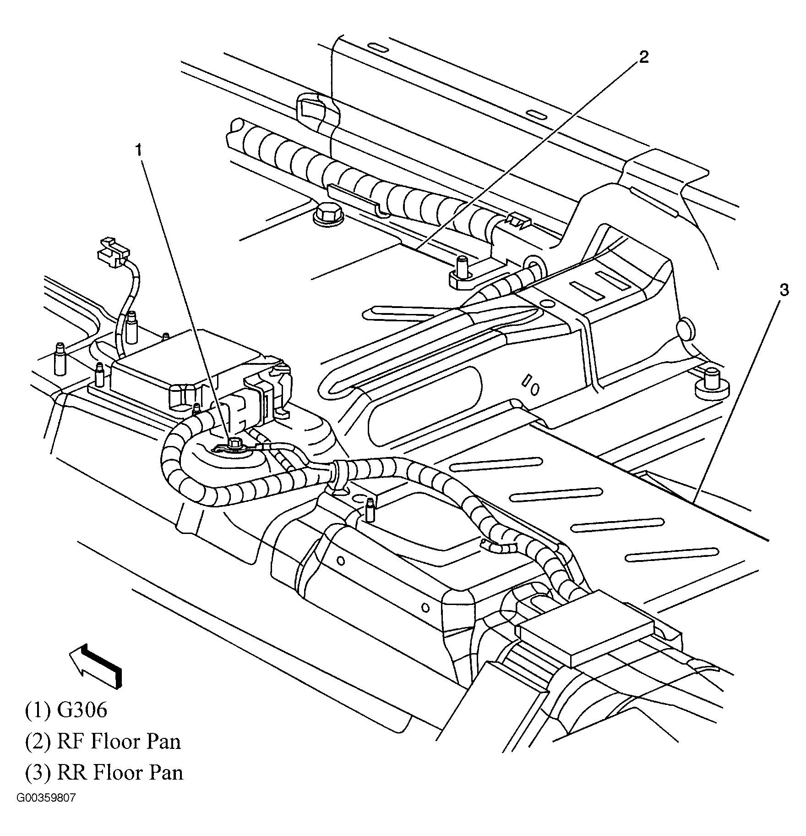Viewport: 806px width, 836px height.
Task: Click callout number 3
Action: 784,290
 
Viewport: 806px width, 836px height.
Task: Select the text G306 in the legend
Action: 82,710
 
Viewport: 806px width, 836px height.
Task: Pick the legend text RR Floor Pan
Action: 120,772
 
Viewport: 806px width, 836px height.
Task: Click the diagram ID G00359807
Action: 46,811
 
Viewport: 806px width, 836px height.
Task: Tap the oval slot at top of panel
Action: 378,48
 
